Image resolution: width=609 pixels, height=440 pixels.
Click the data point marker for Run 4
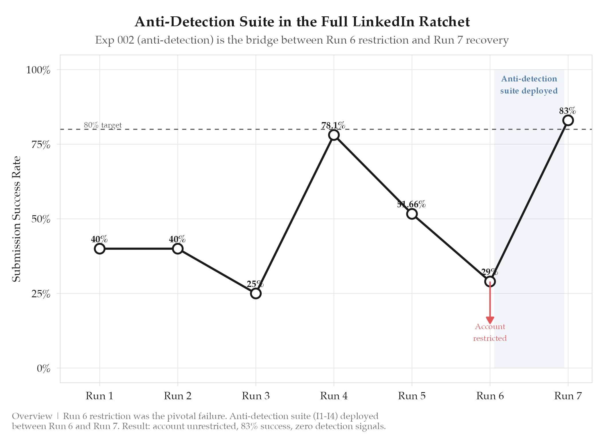pos(334,135)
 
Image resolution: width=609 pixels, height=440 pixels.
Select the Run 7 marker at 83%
pos(568,120)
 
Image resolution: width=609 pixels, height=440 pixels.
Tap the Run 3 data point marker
pos(256,294)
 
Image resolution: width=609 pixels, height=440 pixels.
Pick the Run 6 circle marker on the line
pos(490,281)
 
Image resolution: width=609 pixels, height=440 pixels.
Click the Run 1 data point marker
pos(99,249)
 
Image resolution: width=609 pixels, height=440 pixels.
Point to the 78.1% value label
pos(333,126)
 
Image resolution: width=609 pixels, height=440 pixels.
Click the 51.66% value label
pos(411,204)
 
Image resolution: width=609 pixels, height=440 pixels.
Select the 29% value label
pos(489,272)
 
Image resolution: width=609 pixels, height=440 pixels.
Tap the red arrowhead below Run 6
pos(490,320)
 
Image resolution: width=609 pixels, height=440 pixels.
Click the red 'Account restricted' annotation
pos(490,333)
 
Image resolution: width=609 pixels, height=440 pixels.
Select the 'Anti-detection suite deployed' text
pos(529,85)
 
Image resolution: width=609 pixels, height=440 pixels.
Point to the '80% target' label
pos(103,125)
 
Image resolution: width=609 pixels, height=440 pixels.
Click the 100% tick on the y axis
pos(38,70)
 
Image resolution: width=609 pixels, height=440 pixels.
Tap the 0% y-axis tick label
pos(44,369)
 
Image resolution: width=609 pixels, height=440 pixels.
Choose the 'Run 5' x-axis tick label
pos(412,396)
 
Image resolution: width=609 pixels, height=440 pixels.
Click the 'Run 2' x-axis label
pos(177,396)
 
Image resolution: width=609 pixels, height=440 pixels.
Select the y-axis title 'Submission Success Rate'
pos(17,219)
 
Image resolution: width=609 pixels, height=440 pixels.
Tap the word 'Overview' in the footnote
pos(32,416)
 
